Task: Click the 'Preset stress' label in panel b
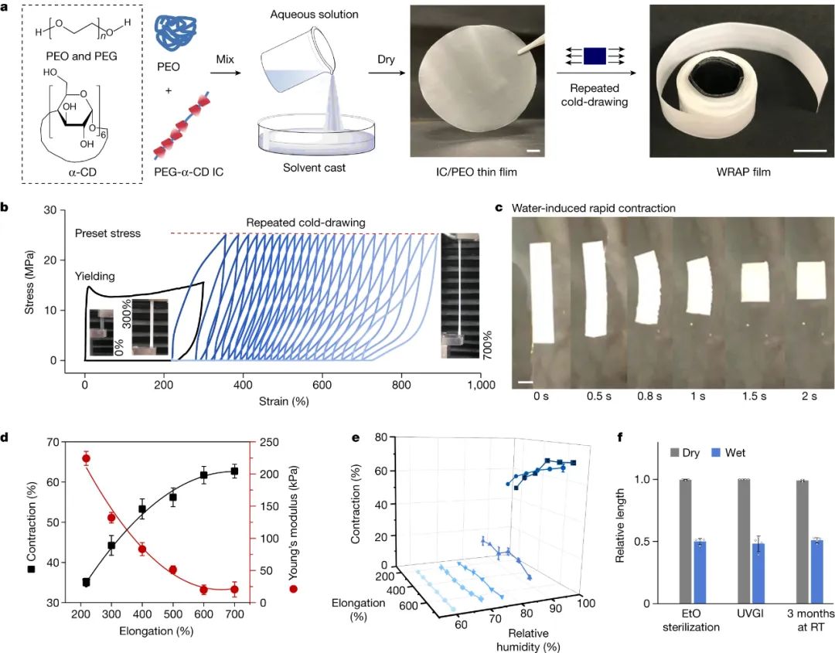[x=108, y=233]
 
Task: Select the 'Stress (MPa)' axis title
[x=30, y=285]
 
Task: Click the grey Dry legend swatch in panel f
[x=675, y=453]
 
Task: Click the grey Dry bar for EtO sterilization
[x=685, y=541]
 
